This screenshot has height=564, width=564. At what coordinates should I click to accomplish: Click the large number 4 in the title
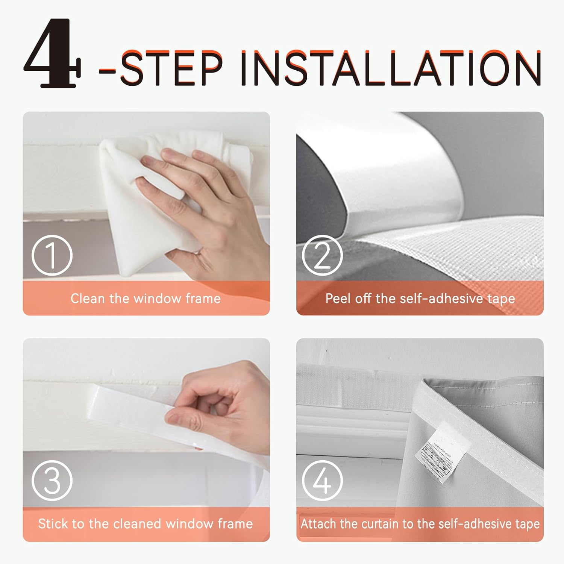click(53, 53)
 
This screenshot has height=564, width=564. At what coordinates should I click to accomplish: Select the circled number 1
click(52, 255)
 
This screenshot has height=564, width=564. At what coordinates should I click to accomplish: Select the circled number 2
click(322, 255)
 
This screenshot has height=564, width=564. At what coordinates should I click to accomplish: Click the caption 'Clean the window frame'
click(146, 299)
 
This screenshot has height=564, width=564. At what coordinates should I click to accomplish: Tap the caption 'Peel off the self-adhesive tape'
click(420, 299)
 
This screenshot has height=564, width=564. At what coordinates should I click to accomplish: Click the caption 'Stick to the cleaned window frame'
click(146, 524)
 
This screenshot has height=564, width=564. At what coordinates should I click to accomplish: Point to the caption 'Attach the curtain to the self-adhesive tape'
click(420, 524)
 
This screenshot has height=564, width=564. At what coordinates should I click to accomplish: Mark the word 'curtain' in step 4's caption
click(379, 524)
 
